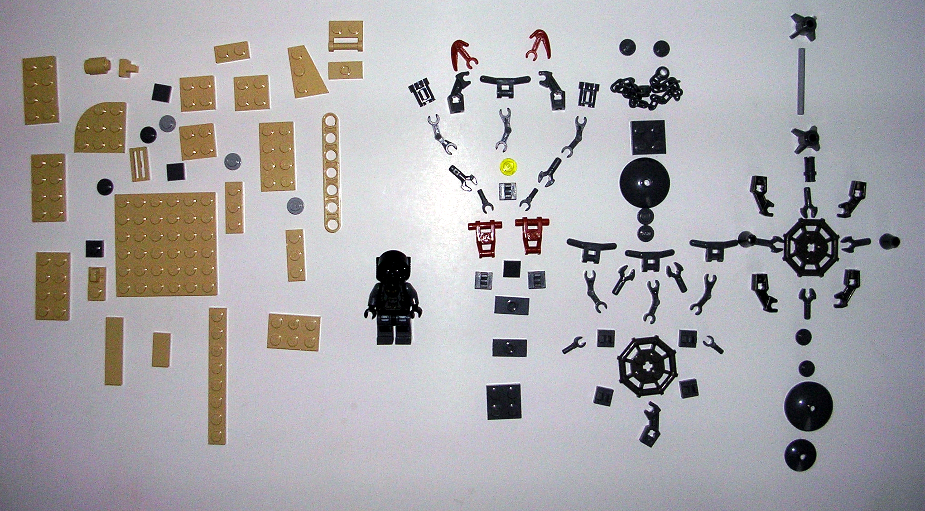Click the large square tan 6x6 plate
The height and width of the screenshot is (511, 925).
(166, 244)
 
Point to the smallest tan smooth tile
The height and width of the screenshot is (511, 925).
(161, 349)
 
